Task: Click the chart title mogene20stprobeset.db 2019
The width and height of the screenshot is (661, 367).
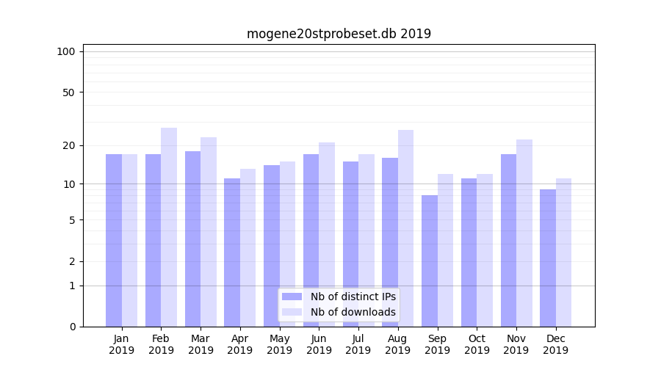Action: click(339, 34)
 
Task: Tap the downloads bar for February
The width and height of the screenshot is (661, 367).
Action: click(169, 227)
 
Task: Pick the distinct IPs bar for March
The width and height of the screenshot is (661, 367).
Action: click(192, 239)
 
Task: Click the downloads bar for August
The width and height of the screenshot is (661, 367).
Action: click(405, 228)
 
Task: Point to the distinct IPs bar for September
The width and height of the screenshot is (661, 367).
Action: click(430, 261)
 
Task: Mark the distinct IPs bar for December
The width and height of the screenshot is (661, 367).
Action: click(548, 258)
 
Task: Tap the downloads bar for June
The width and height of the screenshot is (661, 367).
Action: click(327, 234)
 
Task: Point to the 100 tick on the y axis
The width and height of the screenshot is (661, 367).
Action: click(66, 51)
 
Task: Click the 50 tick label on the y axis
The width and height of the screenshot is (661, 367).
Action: click(69, 92)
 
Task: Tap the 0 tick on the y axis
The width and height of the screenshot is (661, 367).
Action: click(72, 327)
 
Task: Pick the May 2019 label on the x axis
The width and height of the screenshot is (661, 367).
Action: click(279, 344)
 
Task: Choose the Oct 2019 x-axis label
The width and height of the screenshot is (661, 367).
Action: click(477, 344)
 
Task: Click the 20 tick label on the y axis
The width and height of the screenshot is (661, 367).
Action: click(69, 145)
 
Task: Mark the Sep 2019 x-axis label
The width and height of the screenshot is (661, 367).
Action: click(437, 344)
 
